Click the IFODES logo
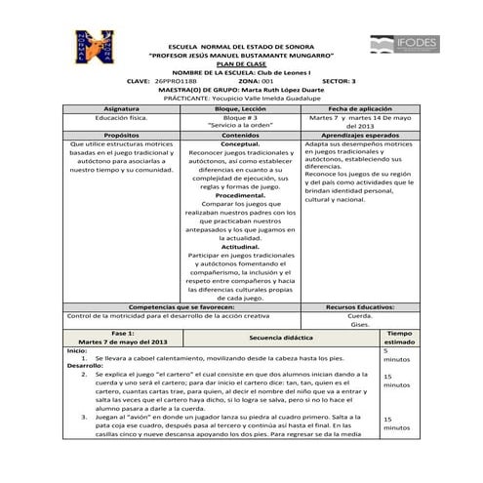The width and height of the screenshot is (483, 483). coord(405,43)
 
